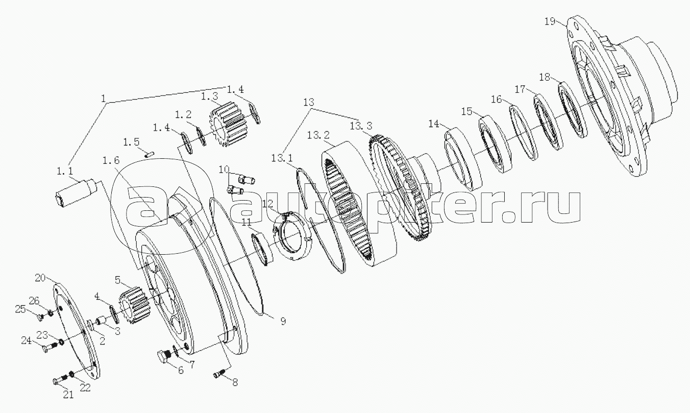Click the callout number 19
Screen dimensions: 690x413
click(x=550, y=21)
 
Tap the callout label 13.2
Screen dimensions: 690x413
click(x=318, y=135)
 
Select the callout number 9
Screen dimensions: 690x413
click(x=283, y=322)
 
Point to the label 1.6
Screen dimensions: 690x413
click(x=111, y=160)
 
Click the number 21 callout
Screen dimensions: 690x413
click(x=68, y=395)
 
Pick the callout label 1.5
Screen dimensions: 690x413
click(x=131, y=142)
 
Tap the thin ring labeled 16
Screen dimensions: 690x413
click(x=523, y=133)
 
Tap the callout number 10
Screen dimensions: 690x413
click(x=224, y=169)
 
